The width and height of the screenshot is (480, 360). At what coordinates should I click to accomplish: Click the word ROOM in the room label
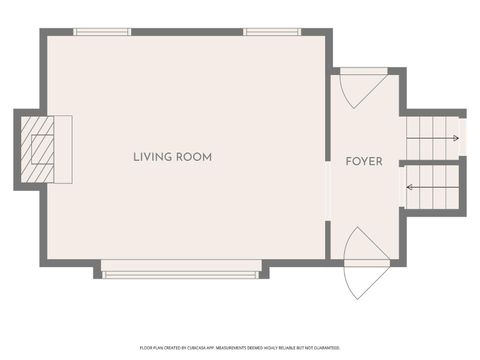(x=195, y=157)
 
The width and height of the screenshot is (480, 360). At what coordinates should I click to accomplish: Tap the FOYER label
(x=364, y=161)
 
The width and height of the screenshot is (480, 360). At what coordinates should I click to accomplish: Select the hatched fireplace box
(x=40, y=150)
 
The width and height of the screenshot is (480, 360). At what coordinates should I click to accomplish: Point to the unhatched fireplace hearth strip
(x=65, y=150)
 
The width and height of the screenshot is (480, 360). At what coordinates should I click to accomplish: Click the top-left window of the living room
(x=102, y=32)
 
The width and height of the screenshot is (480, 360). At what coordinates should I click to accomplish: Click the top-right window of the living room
(x=273, y=32)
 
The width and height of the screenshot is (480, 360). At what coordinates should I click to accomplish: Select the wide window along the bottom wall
(x=181, y=271)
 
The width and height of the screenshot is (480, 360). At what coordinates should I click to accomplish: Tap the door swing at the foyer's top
(x=357, y=88)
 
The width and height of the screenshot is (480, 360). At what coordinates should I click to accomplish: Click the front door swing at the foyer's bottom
(x=362, y=262)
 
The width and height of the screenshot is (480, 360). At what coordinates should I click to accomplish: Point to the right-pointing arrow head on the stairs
(x=457, y=138)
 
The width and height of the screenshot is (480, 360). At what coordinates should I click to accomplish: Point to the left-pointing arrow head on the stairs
(x=408, y=186)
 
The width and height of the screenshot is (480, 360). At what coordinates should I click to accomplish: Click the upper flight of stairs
(x=432, y=138)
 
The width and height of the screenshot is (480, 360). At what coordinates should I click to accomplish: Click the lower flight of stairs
(x=432, y=186)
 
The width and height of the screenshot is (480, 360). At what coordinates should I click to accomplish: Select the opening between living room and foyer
(x=328, y=189)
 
